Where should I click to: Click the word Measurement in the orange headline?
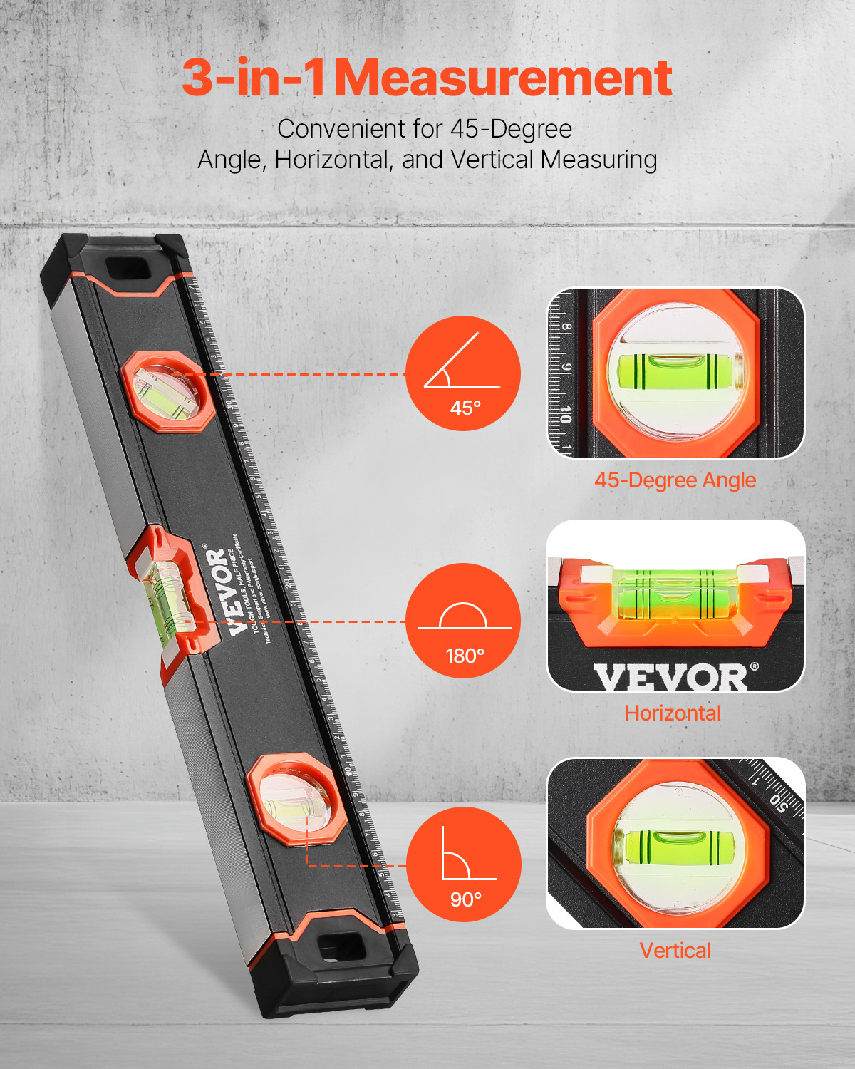(x=503, y=78)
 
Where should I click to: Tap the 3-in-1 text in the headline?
(x=253, y=78)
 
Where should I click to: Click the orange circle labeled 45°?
(x=463, y=373)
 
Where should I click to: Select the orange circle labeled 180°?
(x=463, y=620)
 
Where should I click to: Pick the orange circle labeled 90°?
(x=463, y=864)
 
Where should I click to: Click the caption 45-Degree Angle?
(x=675, y=480)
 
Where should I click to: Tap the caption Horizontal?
(x=673, y=713)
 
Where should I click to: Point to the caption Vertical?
(x=675, y=951)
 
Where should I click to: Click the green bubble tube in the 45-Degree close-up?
(x=675, y=371)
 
